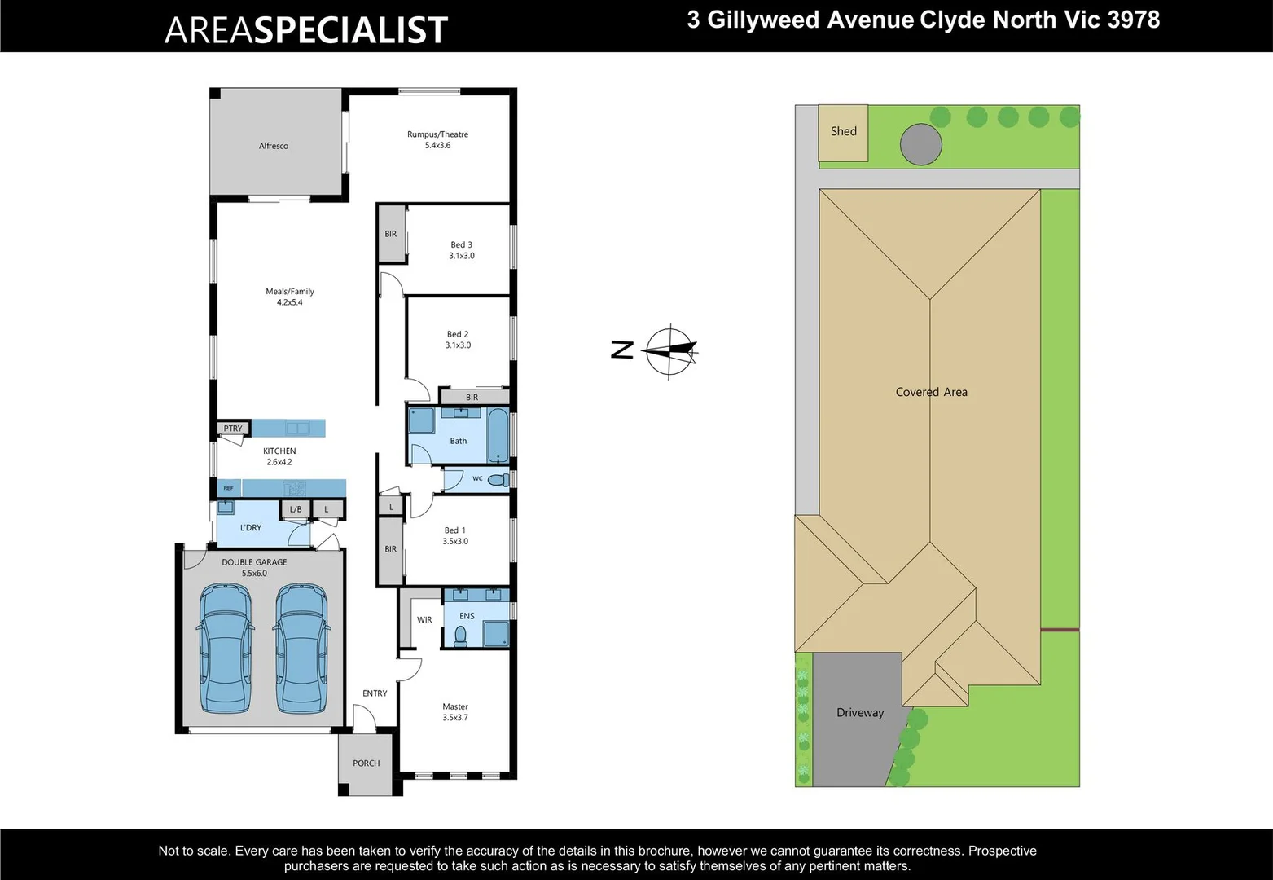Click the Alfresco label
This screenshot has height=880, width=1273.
(x=274, y=146)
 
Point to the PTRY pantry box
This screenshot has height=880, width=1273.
(x=233, y=429)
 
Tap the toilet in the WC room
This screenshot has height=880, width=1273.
(x=498, y=480)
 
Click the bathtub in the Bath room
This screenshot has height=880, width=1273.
(x=498, y=436)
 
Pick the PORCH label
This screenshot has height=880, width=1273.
(x=367, y=763)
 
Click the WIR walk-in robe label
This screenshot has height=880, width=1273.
(x=424, y=620)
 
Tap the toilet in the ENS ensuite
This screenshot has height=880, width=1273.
(x=461, y=636)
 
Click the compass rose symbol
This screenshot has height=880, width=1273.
(x=669, y=351)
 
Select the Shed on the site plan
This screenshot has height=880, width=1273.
(x=843, y=132)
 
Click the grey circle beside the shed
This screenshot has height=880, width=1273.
(x=921, y=145)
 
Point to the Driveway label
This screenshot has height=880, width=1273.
(x=860, y=713)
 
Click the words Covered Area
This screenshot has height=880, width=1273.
(x=931, y=392)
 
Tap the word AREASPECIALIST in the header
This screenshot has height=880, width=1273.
(x=306, y=30)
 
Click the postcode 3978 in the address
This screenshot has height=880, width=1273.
(x=1134, y=20)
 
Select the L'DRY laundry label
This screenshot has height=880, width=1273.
(x=251, y=528)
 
